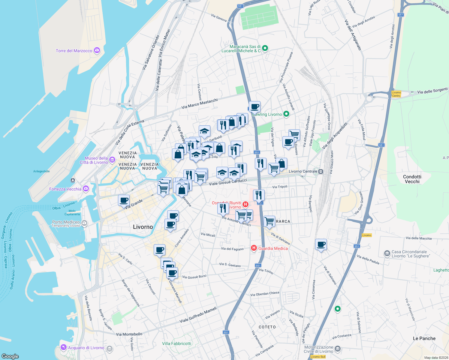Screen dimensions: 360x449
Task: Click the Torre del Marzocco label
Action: (x=74, y=51)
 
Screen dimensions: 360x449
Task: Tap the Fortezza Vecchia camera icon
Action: (x=86, y=189)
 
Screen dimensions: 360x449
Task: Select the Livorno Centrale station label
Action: (x=303, y=171)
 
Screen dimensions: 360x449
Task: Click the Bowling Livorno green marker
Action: (x=286, y=114)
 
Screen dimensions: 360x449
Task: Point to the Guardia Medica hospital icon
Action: (x=254, y=248)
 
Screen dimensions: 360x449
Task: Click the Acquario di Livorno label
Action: (x=86, y=348)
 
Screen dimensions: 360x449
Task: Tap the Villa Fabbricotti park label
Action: (x=176, y=343)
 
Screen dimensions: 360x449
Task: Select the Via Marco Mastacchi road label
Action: (x=200, y=103)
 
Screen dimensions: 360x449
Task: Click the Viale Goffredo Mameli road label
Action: (x=198, y=315)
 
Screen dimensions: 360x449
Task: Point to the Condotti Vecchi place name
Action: (x=412, y=179)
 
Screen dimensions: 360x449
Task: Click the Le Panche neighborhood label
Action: (x=424, y=338)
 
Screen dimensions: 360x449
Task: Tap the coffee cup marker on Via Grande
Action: (x=124, y=200)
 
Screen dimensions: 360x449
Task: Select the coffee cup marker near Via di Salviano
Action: (x=321, y=244)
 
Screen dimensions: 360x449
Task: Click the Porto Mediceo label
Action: (x=66, y=222)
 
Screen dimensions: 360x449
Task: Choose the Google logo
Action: (x=10, y=356)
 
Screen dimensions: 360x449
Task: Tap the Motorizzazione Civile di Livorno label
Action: (x=318, y=349)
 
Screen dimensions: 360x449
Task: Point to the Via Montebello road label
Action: (x=129, y=334)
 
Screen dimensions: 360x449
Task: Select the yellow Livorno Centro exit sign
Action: (x=396, y=94)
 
